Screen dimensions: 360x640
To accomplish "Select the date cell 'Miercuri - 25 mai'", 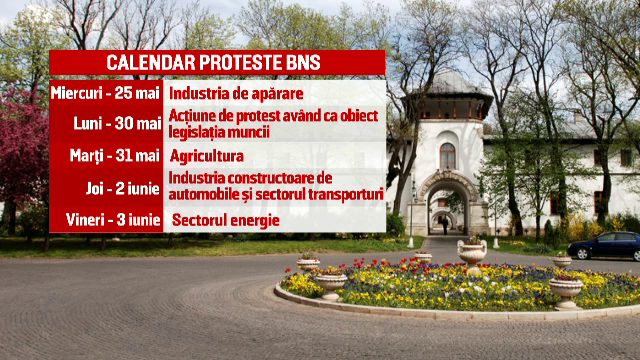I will [105, 93].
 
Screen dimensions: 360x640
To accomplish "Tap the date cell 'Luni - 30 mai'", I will [117, 123].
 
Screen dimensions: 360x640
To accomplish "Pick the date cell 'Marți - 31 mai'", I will [116, 156].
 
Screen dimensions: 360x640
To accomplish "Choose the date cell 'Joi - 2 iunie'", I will [118, 187].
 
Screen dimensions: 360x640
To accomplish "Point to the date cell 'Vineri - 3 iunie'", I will [110, 219].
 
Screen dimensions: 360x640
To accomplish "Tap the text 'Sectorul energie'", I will [225, 220].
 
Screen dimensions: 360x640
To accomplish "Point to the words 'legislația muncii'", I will [224, 131].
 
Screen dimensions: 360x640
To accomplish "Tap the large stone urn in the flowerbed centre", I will [472, 254].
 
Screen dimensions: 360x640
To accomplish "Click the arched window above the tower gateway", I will [447, 155].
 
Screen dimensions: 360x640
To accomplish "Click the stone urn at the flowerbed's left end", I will [308, 264].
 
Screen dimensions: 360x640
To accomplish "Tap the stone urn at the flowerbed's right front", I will [566, 291].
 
